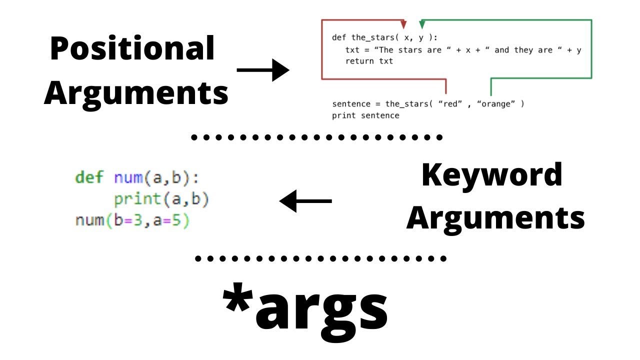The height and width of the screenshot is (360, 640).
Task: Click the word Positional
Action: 132,49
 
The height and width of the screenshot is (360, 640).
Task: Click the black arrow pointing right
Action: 263,70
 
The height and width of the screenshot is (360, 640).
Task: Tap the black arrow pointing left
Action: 305,201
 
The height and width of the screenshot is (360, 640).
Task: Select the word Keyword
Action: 492,175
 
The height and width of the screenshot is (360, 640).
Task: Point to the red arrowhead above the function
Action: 404,24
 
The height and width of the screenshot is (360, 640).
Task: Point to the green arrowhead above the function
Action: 422,24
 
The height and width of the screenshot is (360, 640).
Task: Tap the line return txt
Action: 369,61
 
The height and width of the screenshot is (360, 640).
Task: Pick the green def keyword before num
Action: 89,177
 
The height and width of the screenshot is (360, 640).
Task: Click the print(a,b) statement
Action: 161,199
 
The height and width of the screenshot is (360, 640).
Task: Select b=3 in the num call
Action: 123,220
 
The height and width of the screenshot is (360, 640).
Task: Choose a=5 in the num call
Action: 164,220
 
